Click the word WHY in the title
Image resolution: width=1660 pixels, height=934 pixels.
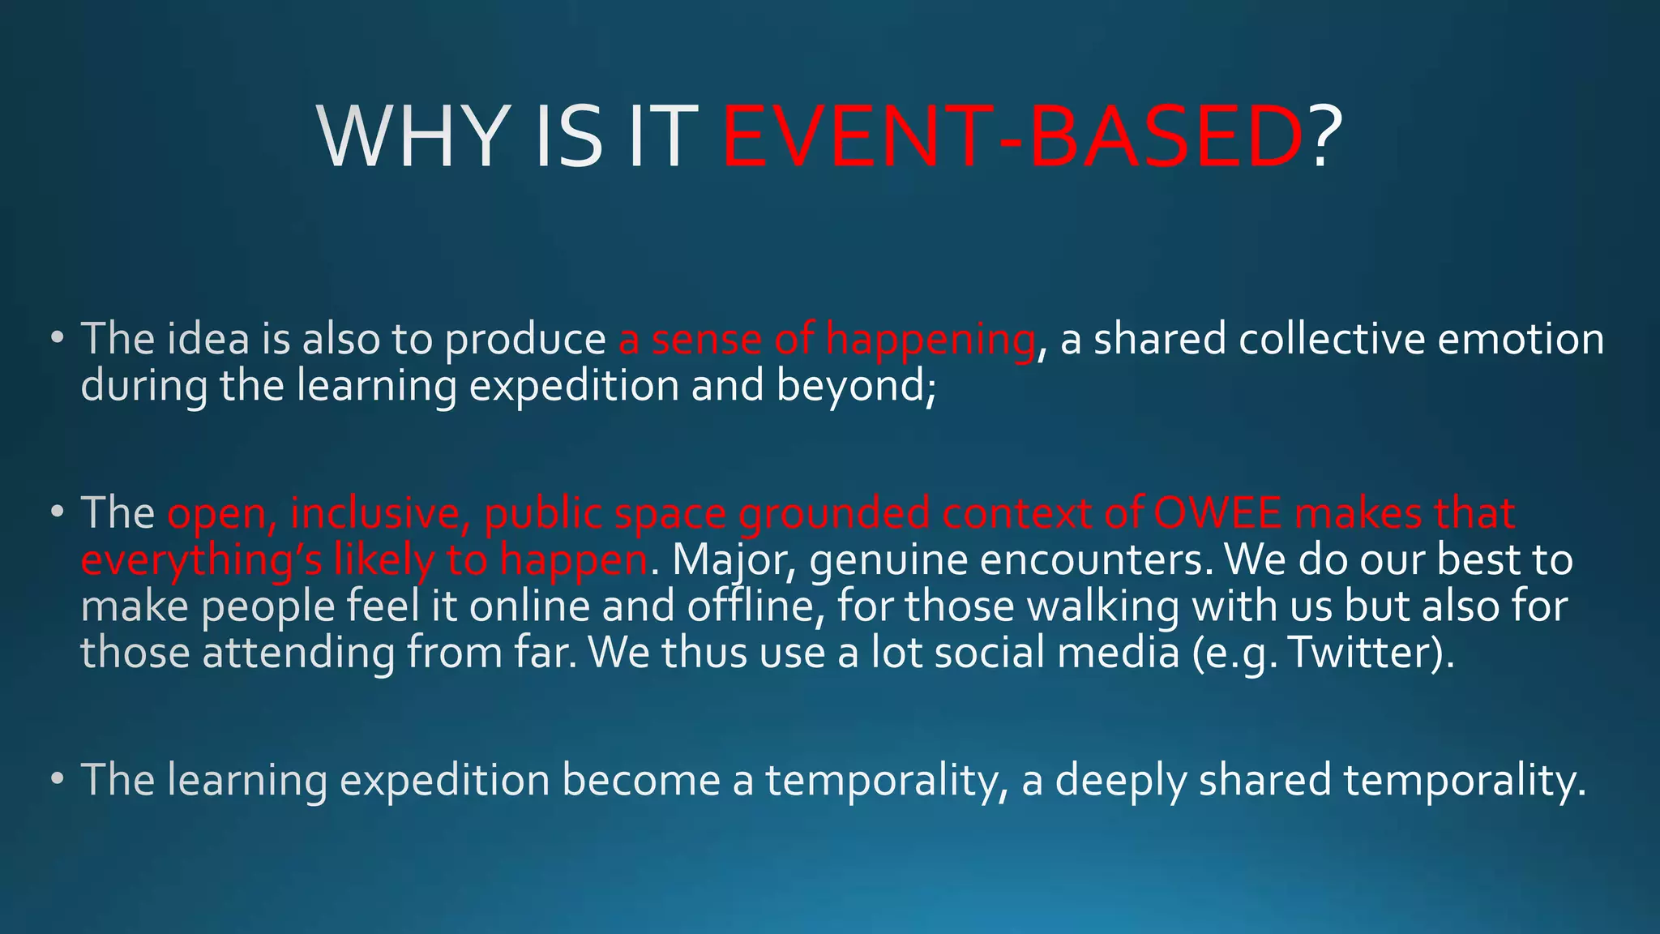417,137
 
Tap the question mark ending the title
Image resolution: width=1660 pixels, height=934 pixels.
1324,137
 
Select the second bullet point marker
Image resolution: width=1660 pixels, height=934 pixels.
56,513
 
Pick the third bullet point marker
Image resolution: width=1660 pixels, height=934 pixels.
56,779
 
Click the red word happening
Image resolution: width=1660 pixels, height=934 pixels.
930,340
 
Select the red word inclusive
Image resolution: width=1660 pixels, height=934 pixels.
380,513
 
